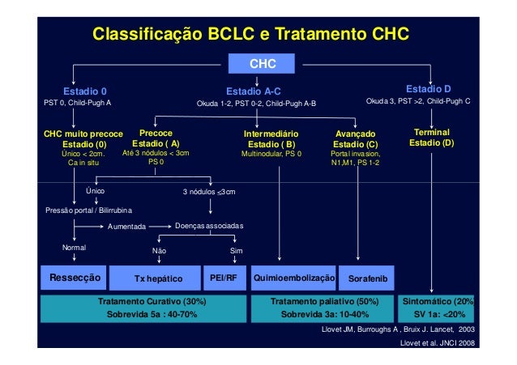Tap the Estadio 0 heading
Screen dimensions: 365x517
[x=85, y=91]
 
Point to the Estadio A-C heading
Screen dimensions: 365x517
[x=254, y=91]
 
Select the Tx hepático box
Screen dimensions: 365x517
[x=159, y=278]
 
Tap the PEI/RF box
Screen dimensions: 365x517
[x=224, y=278]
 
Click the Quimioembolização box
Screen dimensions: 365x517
[x=294, y=278]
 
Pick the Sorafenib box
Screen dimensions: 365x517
[x=368, y=278]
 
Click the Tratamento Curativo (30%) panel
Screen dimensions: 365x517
[x=147, y=308]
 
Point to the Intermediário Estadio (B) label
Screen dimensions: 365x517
[x=271, y=138]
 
